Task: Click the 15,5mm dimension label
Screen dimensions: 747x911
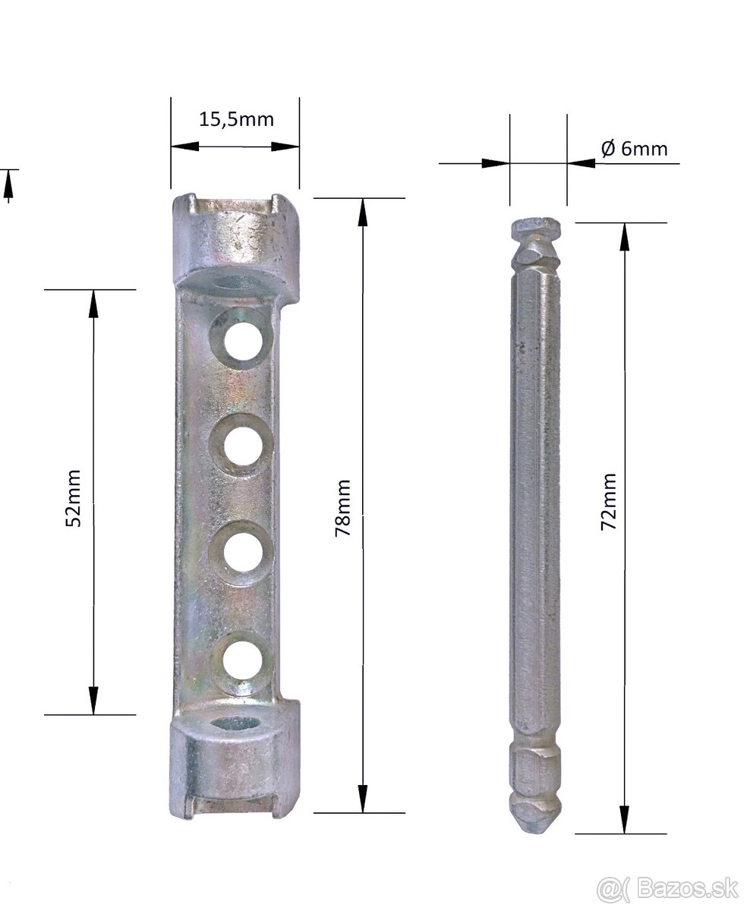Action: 236,120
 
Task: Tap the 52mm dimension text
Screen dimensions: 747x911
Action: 73,497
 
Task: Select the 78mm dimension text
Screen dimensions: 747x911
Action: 342,508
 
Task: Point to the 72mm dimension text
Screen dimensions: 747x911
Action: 609,502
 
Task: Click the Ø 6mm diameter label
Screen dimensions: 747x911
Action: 634,149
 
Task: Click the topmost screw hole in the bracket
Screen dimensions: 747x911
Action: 243,342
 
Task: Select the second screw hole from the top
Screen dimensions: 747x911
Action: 243,446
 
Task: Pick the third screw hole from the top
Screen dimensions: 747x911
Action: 243,552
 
